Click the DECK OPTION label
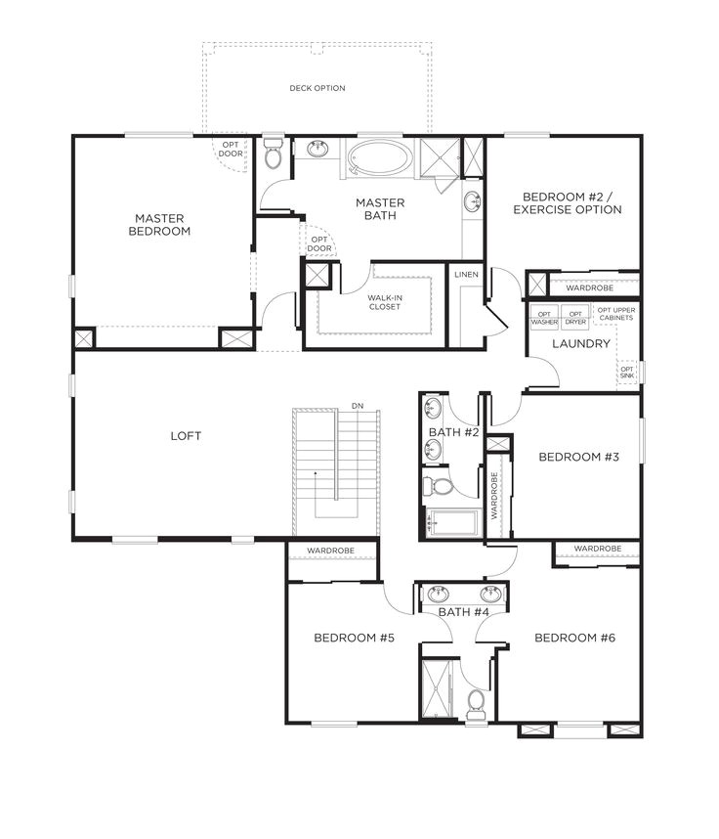[x=317, y=88]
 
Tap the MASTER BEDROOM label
[x=159, y=225]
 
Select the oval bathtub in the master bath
[x=380, y=157]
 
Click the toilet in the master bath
[x=273, y=154]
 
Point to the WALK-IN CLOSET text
[x=384, y=302]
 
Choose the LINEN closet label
[x=466, y=275]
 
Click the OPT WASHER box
[x=544, y=318]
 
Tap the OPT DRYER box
[x=575, y=318]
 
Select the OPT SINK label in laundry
[x=627, y=373]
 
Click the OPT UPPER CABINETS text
[x=616, y=314]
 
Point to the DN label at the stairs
[x=358, y=406]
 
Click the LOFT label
[x=186, y=436]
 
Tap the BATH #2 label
[x=454, y=432]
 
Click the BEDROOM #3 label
[x=579, y=457]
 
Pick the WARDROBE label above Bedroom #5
[x=330, y=551]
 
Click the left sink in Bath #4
[x=439, y=594]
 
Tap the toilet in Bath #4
[x=475, y=704]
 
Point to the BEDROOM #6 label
[x=574, y=638]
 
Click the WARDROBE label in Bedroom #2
[x=590, y=287]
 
